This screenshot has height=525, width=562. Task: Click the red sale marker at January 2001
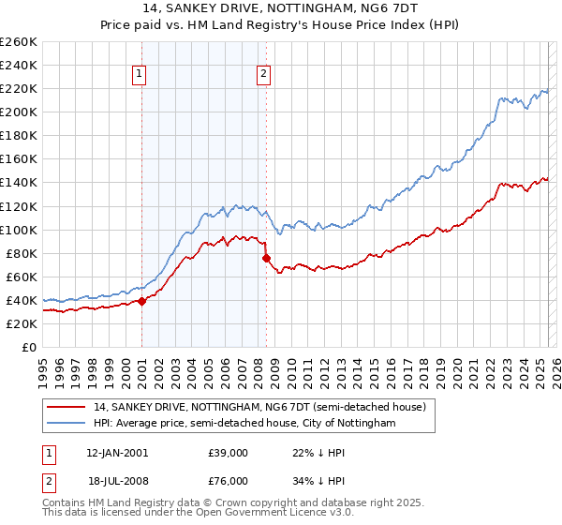pyautogui.click(x=141, y=301)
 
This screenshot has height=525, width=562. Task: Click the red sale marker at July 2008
pyautogui.click(x=266, y=258)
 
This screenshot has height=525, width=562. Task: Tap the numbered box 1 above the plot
pyautogui.click(x=139, y=74)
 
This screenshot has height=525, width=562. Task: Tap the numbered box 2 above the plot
pyautogui.click(x=263, y=74)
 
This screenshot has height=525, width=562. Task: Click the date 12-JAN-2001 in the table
pyautogui.click(x=116, y=452)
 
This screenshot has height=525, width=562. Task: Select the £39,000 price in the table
pyautogui.click(x=228, y=452)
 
